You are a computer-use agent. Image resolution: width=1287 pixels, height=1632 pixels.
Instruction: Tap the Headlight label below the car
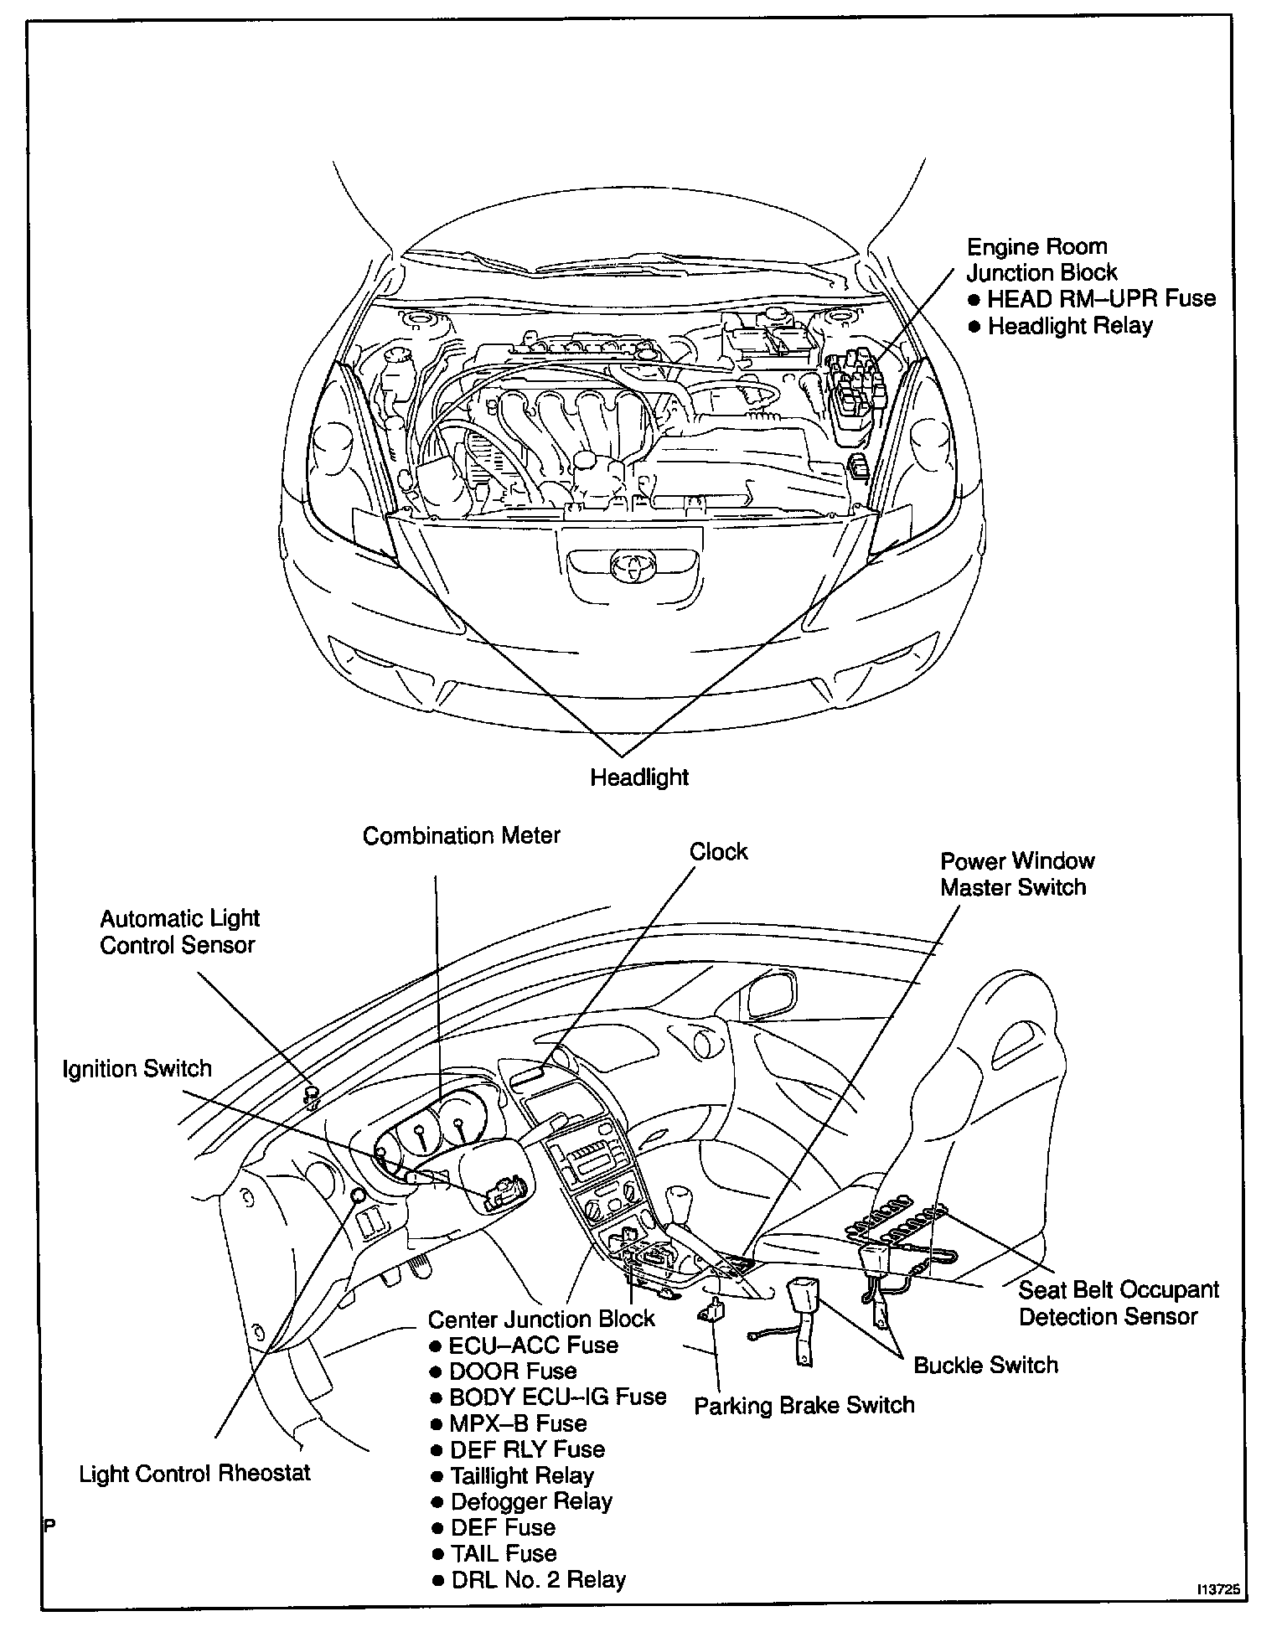tap(639, 777)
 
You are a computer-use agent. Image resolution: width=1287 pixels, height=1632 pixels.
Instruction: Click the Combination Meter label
tap(462, 836)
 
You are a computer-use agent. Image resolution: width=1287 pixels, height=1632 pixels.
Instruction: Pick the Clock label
tap(718, 852)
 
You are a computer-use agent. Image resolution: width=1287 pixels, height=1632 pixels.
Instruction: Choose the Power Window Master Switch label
tap(1016, 874)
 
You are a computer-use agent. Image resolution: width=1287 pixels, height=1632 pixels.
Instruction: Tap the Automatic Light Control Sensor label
tap(179, 932)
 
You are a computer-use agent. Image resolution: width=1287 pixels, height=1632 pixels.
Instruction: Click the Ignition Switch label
tap(137, 1069)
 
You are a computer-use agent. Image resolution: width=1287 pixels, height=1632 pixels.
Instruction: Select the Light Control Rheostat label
tap(194, 1474)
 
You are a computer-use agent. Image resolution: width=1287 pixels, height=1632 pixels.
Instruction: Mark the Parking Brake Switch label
tap(804, 1405)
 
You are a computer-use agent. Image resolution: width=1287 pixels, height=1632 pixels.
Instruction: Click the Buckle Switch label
tap(985, 1365)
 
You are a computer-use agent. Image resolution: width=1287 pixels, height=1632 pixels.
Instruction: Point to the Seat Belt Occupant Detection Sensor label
tap(1118, 1303)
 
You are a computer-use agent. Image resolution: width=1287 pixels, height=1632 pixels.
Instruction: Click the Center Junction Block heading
tap(540, 1319)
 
